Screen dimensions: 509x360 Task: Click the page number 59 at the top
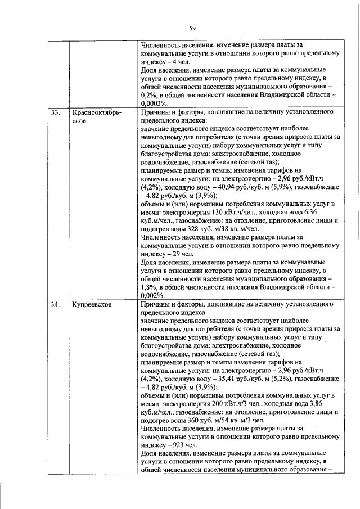pos(192,28)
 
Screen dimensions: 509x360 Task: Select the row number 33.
pos(55,112)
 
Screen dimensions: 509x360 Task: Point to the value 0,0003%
pos(155,103)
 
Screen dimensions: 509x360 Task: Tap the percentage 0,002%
pos(152,295)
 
